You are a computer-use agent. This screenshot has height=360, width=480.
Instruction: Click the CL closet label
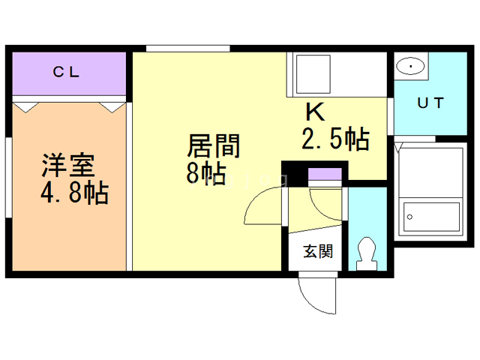tap(66, 72)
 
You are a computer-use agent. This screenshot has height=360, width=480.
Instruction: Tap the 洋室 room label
tap(68, 165)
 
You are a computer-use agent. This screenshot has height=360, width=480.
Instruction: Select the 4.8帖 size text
tap(74, 193)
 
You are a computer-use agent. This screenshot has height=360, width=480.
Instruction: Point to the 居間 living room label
tap(213, 145)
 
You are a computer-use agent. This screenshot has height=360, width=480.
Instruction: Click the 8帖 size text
tap(206, 173)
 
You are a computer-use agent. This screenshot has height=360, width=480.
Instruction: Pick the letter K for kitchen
tap(315, 112)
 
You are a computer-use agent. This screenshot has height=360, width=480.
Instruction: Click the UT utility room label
tap(430, 103)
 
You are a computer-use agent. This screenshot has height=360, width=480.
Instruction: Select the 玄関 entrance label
tap(318, 251)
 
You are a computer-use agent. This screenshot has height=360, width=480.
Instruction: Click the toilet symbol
tap(367, 253)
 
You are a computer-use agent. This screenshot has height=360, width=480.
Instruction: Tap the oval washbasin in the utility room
tap(410, 66)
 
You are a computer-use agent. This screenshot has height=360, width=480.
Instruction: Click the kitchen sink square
tap(313, 74)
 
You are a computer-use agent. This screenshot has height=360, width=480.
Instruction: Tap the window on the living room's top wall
tap(188, 48)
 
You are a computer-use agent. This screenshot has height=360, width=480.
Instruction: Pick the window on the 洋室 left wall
tap(8, 178)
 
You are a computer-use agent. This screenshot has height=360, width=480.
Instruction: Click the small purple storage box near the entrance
tap(325, 174)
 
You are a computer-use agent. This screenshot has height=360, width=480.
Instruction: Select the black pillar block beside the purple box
tap(295, 174)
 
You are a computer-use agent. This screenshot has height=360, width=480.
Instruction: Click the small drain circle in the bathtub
tap(409, 217)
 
